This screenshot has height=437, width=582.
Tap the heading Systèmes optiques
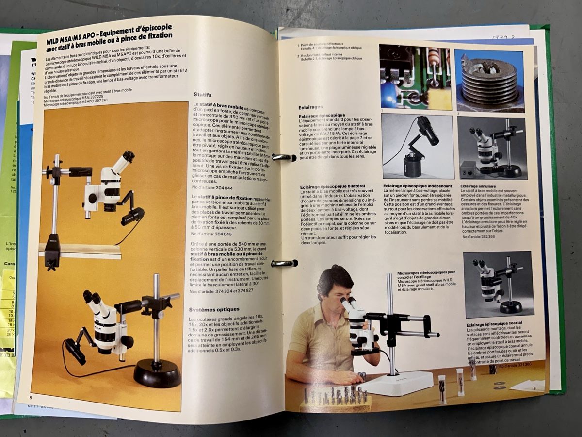click(x=214, y=309)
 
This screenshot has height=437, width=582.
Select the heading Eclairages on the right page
click(x=310, y=107)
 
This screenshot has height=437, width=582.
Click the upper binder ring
click(x=284, y=157)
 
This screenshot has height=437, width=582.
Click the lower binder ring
click(x=284, y=263)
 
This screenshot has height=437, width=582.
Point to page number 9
click(x=533, y=388)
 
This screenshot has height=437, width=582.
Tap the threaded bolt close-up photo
click(x=489, y=80)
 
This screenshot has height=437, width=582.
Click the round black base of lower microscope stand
click(x=157, y=372)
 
